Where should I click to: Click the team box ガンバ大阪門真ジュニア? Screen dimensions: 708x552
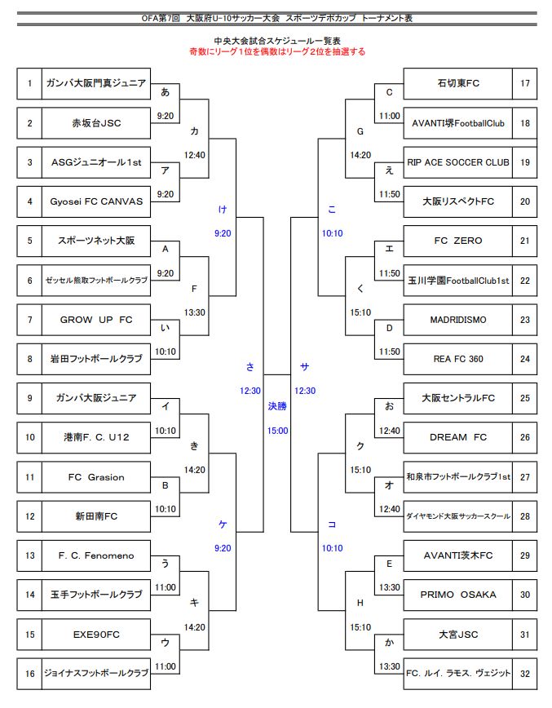point(95,83)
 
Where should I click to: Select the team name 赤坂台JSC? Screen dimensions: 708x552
point(95,123)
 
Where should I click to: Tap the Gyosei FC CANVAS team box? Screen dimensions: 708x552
point(95,201)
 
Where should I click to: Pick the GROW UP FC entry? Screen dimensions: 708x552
point(95,320)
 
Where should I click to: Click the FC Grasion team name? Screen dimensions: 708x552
point(95,477)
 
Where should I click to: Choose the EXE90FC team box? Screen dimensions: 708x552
point(95,634)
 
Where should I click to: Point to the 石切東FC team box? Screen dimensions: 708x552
point(457,83)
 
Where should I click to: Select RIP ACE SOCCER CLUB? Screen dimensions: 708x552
point(457,162)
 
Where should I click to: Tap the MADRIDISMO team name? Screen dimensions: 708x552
point(457,320)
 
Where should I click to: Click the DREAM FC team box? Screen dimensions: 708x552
point(457,437)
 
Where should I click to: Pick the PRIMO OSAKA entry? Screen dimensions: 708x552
point(457,595)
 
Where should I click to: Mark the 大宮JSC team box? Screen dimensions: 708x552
point(457,634)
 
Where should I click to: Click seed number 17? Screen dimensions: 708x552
point(524,83)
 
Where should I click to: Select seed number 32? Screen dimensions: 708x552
point(524,673)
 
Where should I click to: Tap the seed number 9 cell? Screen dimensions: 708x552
point(29,398)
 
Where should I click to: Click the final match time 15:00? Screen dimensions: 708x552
point(277,431)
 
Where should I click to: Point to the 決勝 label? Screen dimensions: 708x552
point(277,405)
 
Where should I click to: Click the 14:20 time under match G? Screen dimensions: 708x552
point(360,154)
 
